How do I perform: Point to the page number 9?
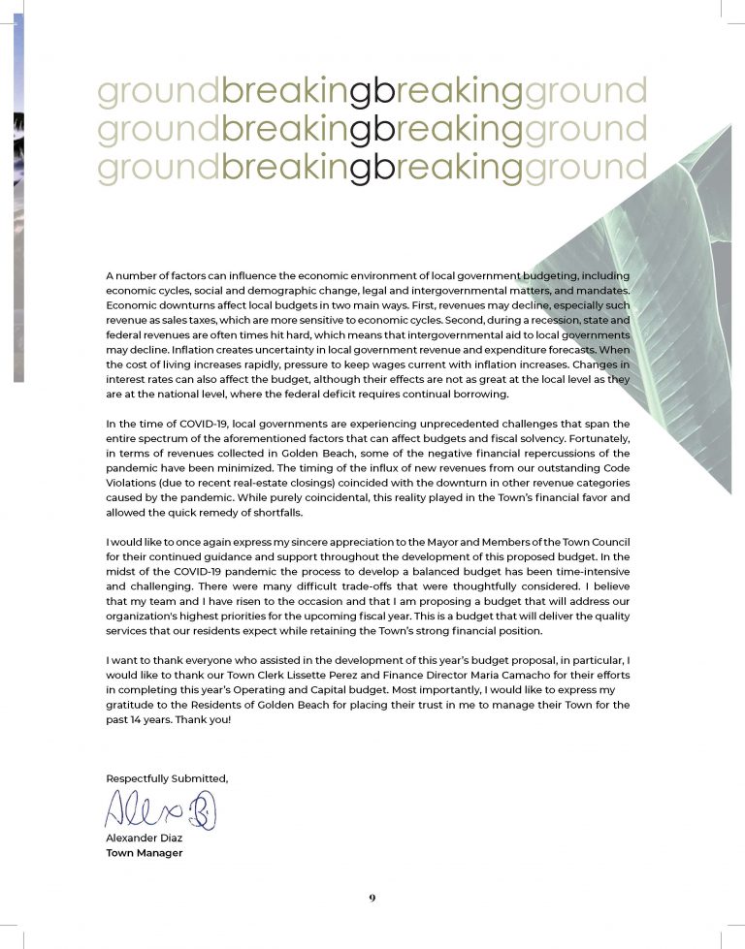[372, 898]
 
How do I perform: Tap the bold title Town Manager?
[144, 853]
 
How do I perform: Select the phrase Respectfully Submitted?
[167, 777]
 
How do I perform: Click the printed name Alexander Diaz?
[143, 838]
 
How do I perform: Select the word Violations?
[131, 479]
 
